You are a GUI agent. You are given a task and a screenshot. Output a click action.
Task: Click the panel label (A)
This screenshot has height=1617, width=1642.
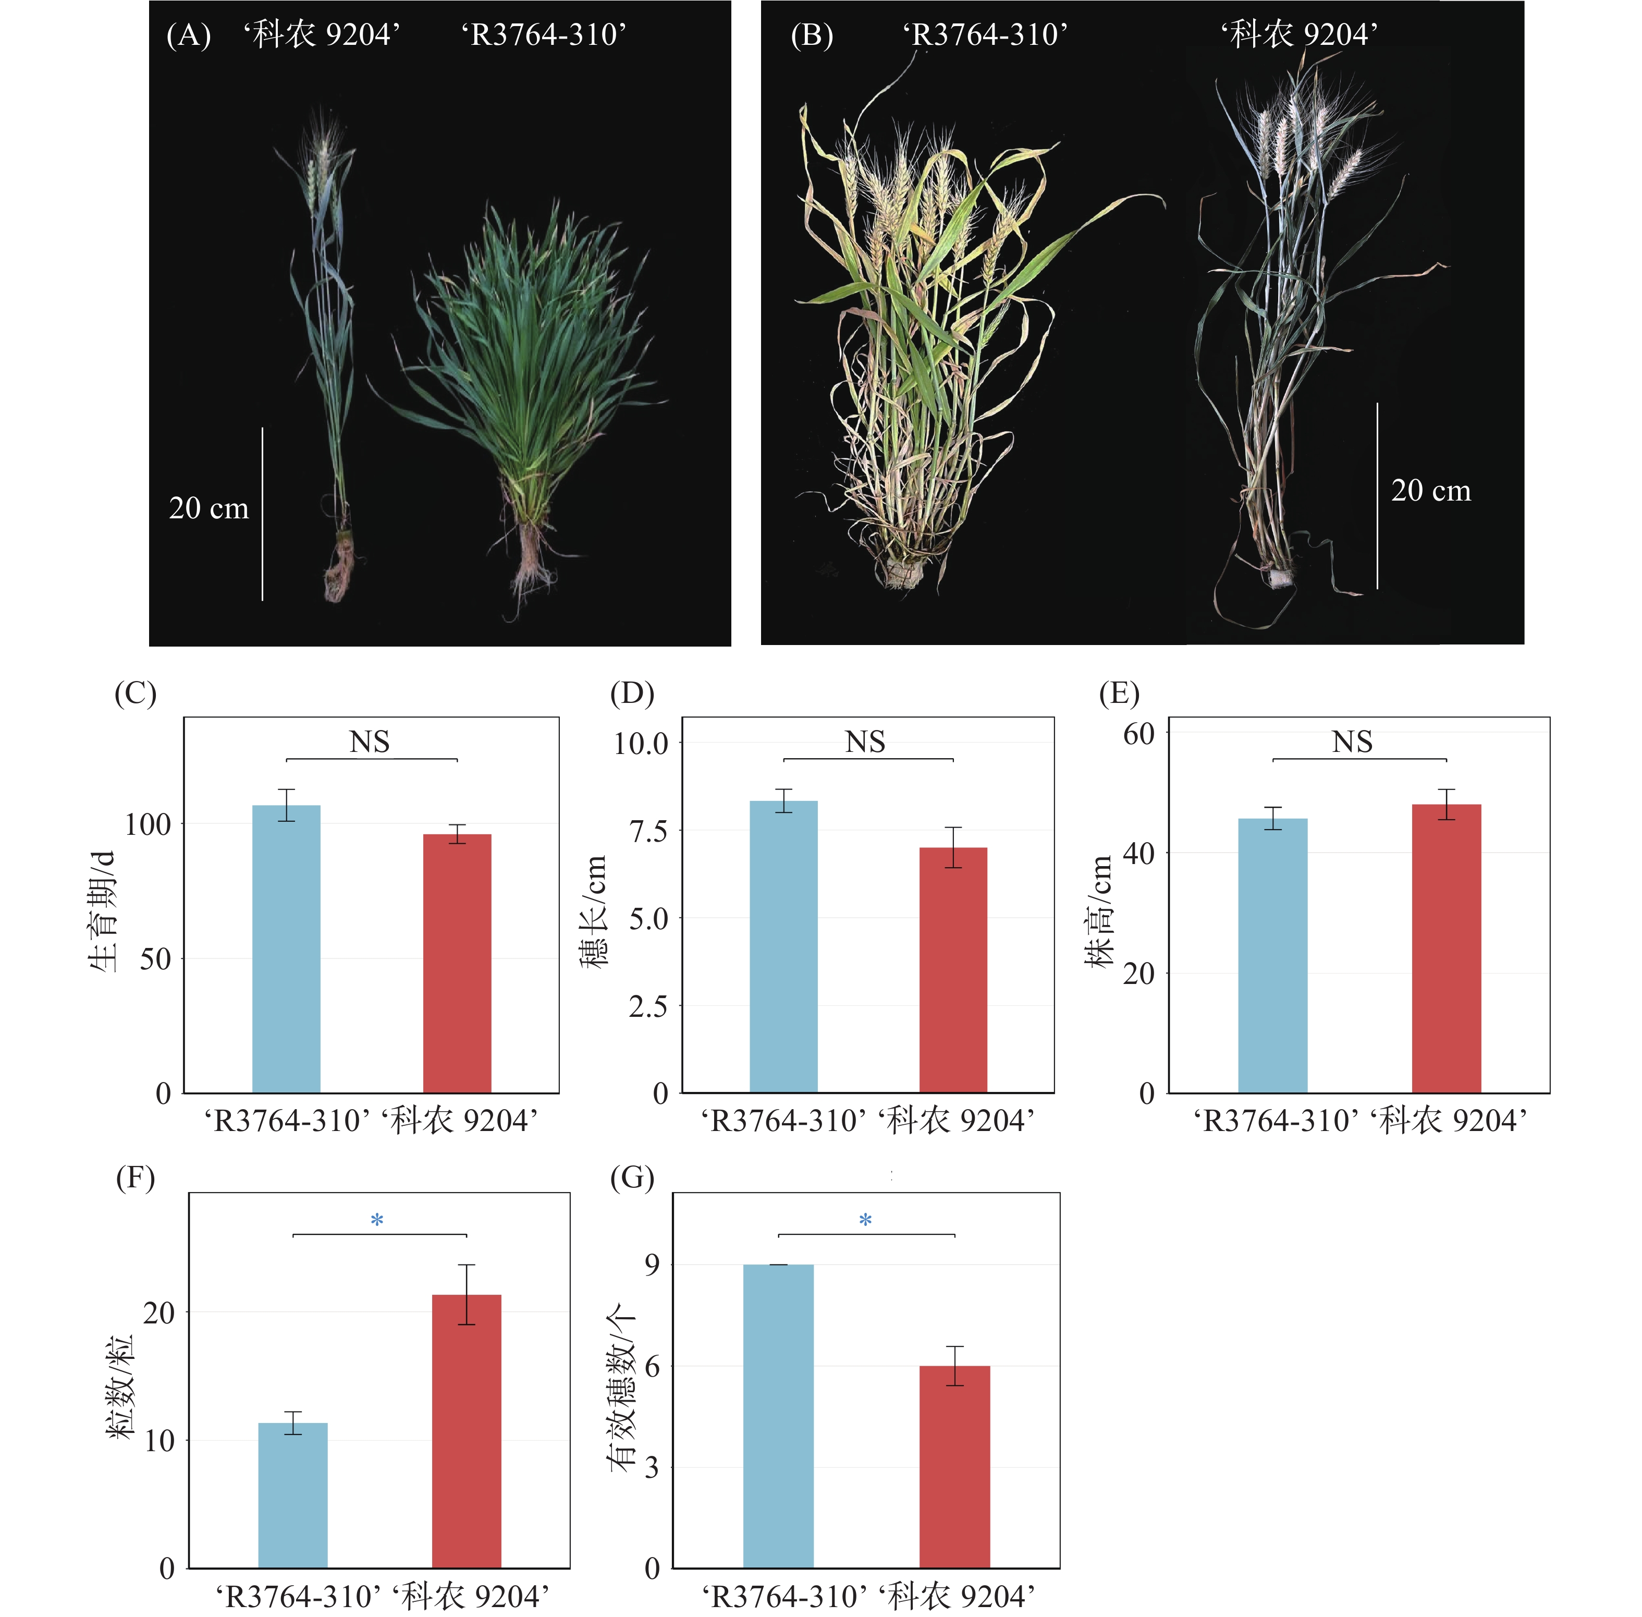pos(189,35)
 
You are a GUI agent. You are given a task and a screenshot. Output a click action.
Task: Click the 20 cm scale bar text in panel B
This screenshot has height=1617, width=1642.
pos(1430,491)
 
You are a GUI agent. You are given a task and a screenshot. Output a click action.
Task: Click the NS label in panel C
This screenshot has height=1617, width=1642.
pos(370,742)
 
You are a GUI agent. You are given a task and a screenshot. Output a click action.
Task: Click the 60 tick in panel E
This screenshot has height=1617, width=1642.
pos(1138,734)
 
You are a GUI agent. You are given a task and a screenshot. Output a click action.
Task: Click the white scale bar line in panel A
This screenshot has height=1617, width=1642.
pos(262,514)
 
